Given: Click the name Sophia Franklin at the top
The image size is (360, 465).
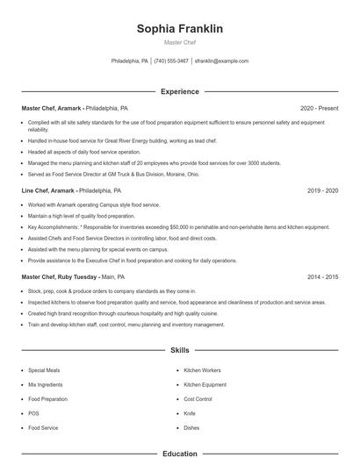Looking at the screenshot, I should tap(179, 29).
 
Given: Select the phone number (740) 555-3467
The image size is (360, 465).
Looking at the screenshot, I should tap(171, 61).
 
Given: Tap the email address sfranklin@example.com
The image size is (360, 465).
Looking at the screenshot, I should tap(221, 61).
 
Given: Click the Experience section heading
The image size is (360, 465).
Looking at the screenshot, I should tap(179, 91).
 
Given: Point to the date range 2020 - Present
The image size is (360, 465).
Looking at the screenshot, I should tap(319, 108).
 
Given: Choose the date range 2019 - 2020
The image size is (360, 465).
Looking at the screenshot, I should tap(322, 190).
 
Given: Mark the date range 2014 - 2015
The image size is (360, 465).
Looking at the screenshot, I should tap(322, 276).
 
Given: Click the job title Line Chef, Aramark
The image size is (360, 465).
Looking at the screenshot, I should tap(48, 190).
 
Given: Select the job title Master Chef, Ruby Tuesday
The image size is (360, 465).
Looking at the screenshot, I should tap(60, 276).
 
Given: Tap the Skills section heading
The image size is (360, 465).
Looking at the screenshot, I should tap(179, 350).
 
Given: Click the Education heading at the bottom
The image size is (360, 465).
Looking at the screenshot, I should tap(179, 454).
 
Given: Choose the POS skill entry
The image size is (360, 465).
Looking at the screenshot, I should tap(33, 413).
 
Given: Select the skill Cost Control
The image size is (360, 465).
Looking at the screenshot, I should tap(198, 399).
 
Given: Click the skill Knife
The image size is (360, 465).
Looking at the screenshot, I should tap(190, 413).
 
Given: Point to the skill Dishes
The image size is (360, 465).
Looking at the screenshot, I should tap(191, 427).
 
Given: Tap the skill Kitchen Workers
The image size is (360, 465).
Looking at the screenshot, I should tap(202, 370).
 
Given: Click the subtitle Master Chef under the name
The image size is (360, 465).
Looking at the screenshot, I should tap(179, 42).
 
